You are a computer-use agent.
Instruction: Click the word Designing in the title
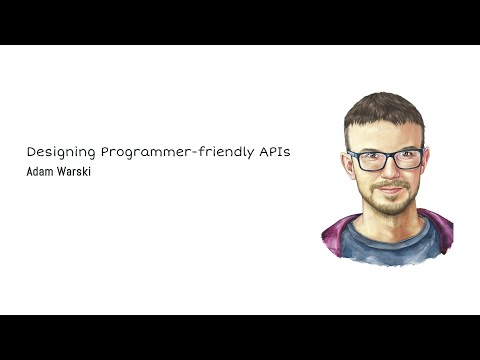(58, 152)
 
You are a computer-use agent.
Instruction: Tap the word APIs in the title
(284, 152)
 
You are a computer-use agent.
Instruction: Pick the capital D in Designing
(31, 152)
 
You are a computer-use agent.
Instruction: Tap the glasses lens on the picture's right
(406, 158)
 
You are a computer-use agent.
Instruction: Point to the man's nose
(388, 172)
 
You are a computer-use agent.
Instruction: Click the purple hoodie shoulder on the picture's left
(335, 234)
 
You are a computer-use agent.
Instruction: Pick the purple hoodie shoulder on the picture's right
(440, 232)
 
